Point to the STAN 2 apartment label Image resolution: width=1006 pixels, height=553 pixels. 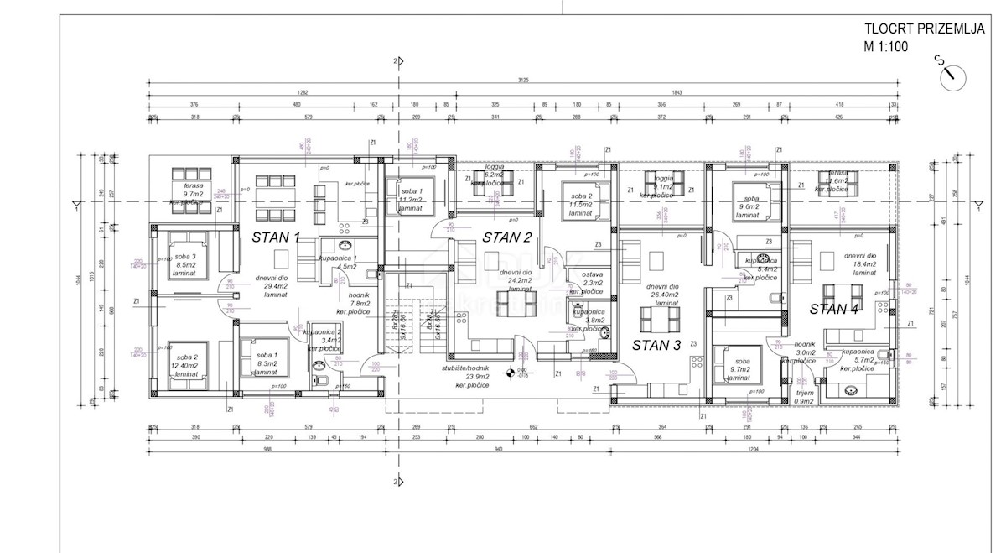[507, 237]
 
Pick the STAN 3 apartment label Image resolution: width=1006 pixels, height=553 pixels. [656, 345]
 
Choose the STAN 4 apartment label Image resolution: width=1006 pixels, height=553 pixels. [834, 309]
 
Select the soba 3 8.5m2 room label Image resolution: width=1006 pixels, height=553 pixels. [184, 265]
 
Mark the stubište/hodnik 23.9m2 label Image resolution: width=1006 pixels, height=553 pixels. [467, 376]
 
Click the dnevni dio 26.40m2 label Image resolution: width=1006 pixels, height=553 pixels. [656, 295]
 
